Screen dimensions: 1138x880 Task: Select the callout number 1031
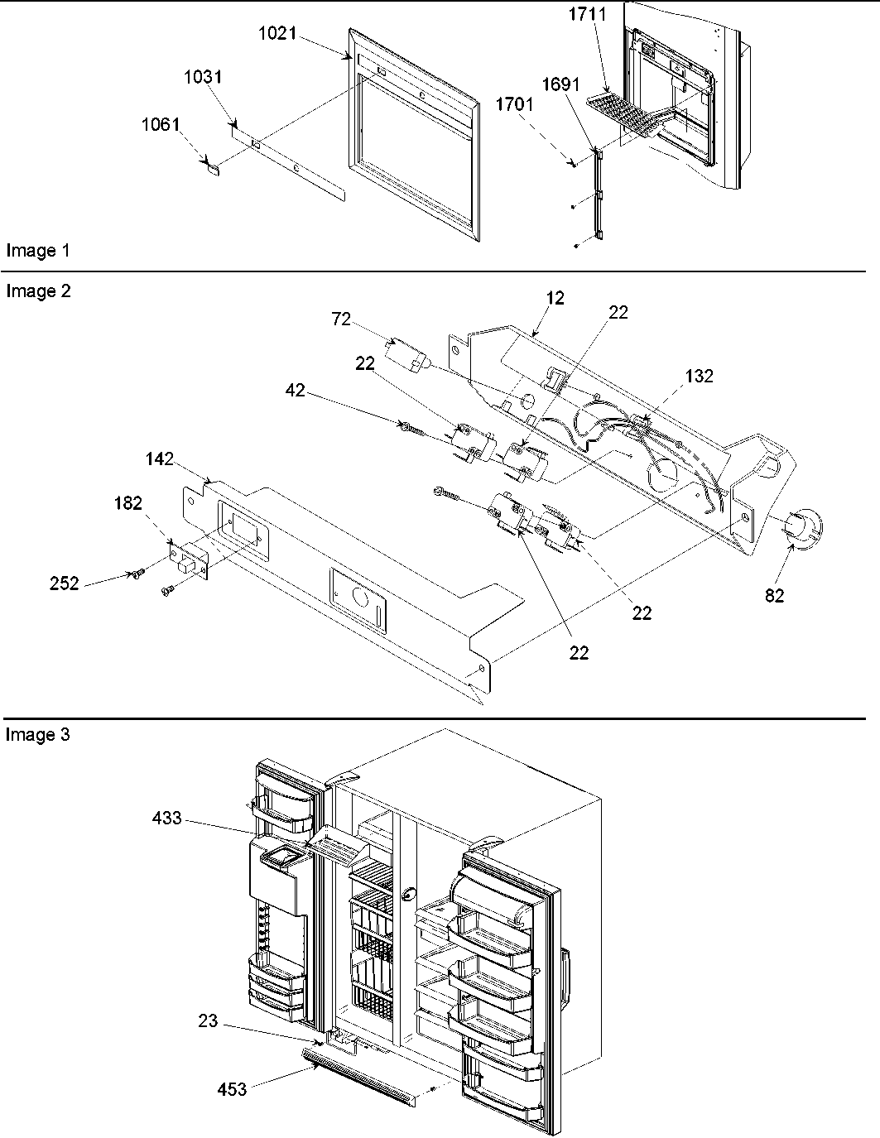point(202,77)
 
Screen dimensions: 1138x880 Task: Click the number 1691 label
point(561,84)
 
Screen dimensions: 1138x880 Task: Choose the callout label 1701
point(515,105)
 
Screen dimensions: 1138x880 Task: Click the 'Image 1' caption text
point(37,250)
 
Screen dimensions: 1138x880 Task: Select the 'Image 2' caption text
point(37,291)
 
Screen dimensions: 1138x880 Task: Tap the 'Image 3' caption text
point(37,734)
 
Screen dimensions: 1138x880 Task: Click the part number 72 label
point(341,319)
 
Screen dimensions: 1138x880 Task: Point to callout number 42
point(295,390)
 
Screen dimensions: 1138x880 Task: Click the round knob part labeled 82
point(802,529)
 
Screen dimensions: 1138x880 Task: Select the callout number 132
point(699,376)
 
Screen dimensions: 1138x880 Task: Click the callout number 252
point(64,583)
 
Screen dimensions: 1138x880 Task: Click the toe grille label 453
point(232,1089)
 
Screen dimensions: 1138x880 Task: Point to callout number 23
point(208,1021)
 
